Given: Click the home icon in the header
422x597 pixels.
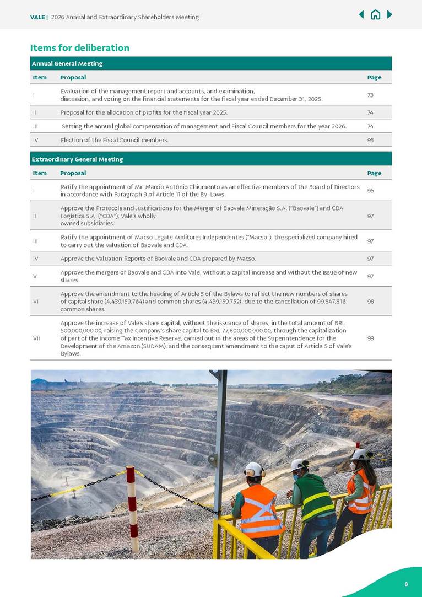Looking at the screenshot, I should click(375, 15).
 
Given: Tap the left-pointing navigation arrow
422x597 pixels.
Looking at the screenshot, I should click(361, 14).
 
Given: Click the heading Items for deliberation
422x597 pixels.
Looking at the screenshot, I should click(80, 48).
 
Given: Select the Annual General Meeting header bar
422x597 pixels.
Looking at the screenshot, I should click(210, 63).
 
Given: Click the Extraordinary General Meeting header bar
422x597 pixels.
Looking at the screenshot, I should click(210, 159).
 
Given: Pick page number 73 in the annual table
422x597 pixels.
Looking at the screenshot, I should click(370, 95).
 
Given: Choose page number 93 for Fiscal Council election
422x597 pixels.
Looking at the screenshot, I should click(370, 140).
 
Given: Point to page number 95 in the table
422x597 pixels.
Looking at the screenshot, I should click(370, 190).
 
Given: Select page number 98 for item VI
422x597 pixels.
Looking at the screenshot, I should click(370, 302).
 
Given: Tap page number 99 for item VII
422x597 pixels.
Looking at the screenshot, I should click(370, 338).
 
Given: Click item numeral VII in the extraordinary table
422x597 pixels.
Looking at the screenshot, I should click(36, 338).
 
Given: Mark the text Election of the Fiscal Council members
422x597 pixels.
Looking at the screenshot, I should click(115, 140).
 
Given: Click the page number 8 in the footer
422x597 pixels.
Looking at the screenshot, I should click(406, 584).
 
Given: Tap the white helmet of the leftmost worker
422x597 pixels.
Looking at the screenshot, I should click(253, 469).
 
